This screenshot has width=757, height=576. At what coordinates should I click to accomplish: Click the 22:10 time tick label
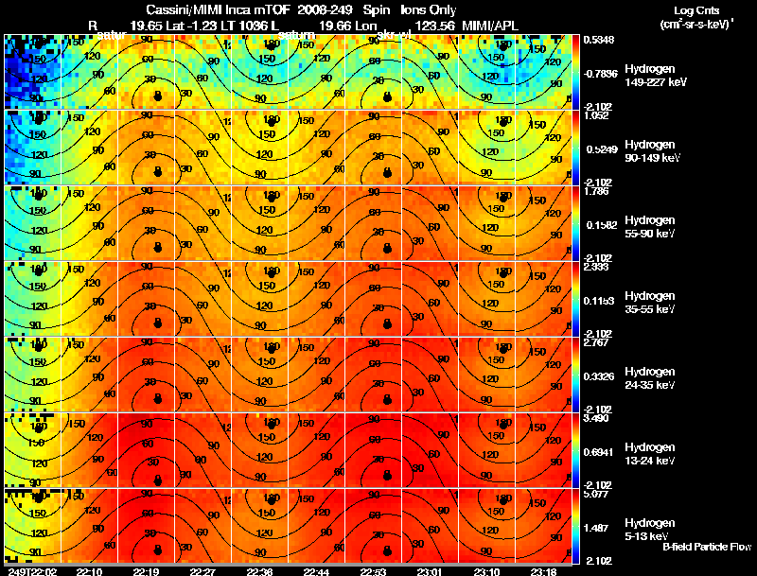91,571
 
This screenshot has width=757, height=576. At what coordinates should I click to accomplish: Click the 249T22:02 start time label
30,571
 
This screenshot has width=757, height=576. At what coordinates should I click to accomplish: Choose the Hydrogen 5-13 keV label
649,528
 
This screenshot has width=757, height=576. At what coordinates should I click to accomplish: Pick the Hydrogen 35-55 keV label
649,302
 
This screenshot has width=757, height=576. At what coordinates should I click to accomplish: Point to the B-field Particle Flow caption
706,547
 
